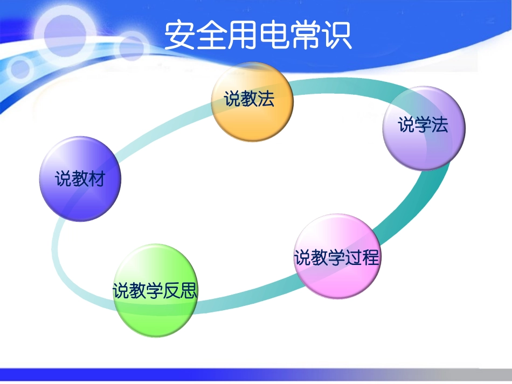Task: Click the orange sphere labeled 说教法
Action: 252,102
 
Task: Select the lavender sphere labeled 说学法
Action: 423,129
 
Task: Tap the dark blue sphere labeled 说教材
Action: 80,179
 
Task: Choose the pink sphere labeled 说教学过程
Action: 337,256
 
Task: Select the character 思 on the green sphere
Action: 189,291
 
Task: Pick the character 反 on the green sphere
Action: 172,291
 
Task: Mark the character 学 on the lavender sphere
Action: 423,125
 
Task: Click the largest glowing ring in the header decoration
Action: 63,32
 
